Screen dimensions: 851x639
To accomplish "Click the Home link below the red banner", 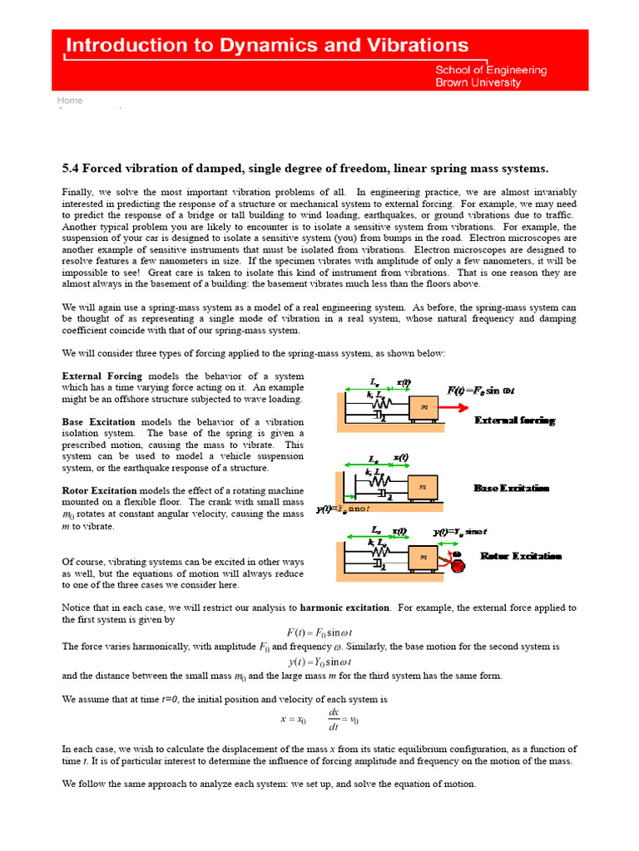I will pyautogui.click(x=70, y=101).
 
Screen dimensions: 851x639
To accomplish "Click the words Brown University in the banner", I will pyautogui.click(x=478, y=82).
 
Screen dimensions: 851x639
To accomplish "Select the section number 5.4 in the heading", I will pyautogui.click(x=72, y=168).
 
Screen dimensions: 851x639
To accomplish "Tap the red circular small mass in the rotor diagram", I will pyautogui.click(x=459, y=566).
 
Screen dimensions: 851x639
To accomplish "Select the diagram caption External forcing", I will pyautogui.click(x=514, y=421).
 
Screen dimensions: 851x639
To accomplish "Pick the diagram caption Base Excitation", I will pyautogui.click(x=512, y=487).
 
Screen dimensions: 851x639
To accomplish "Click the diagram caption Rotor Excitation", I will pyautogui.click(x=521, y=556).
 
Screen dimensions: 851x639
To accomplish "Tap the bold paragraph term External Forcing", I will pyautogui.click(x=102, y=376).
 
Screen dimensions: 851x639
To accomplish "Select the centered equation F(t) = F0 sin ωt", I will pyautogui.click(x=319, y=633).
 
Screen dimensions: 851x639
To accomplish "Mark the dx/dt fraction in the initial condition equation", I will pyautogui.click(x=334, y=720).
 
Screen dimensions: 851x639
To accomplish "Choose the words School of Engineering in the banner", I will pyautogui.click(x=491, y=70).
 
